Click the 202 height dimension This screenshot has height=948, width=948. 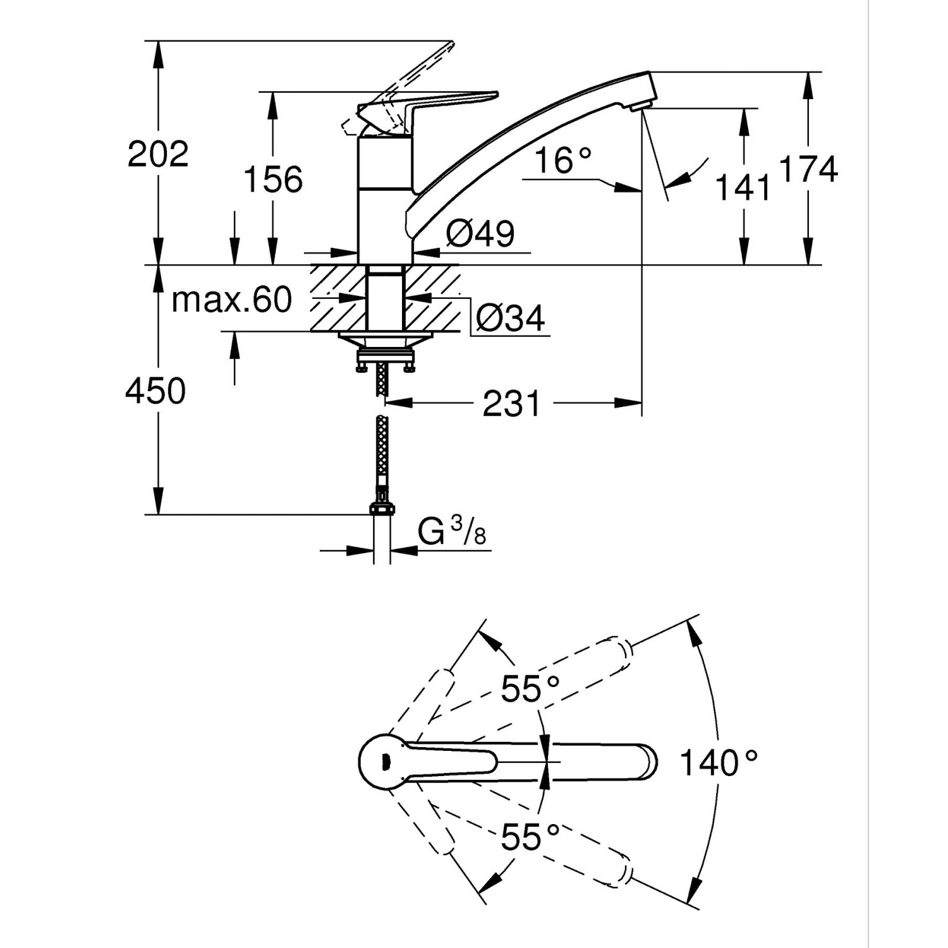tap(158, 154)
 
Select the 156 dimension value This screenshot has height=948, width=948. tap(273, 179)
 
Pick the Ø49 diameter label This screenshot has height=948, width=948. tap(480, 234)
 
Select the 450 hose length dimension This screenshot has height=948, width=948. tap(155, 391)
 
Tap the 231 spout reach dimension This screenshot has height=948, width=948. tap(512, 403)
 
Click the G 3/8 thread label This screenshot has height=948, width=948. tap(452, 532)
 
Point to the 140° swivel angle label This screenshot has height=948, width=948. tap(718, 762)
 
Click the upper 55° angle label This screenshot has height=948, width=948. tap(530, 688)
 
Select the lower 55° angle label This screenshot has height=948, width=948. tap(530, 837)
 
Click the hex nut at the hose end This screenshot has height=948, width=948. tap(381, 509)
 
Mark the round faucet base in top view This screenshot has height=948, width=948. tap(382, 762)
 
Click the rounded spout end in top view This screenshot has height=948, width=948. tap(648, 762)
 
